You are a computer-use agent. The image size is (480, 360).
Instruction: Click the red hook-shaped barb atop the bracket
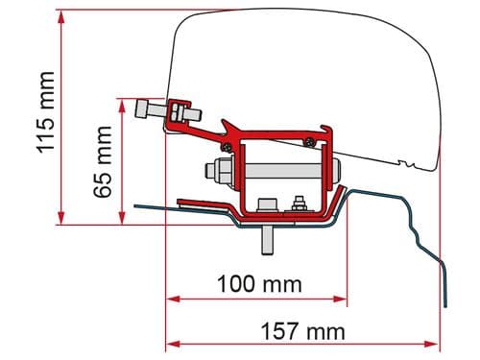(x=230, y=127)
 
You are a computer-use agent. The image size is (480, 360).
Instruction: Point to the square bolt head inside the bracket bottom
(x=267, y=205)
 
